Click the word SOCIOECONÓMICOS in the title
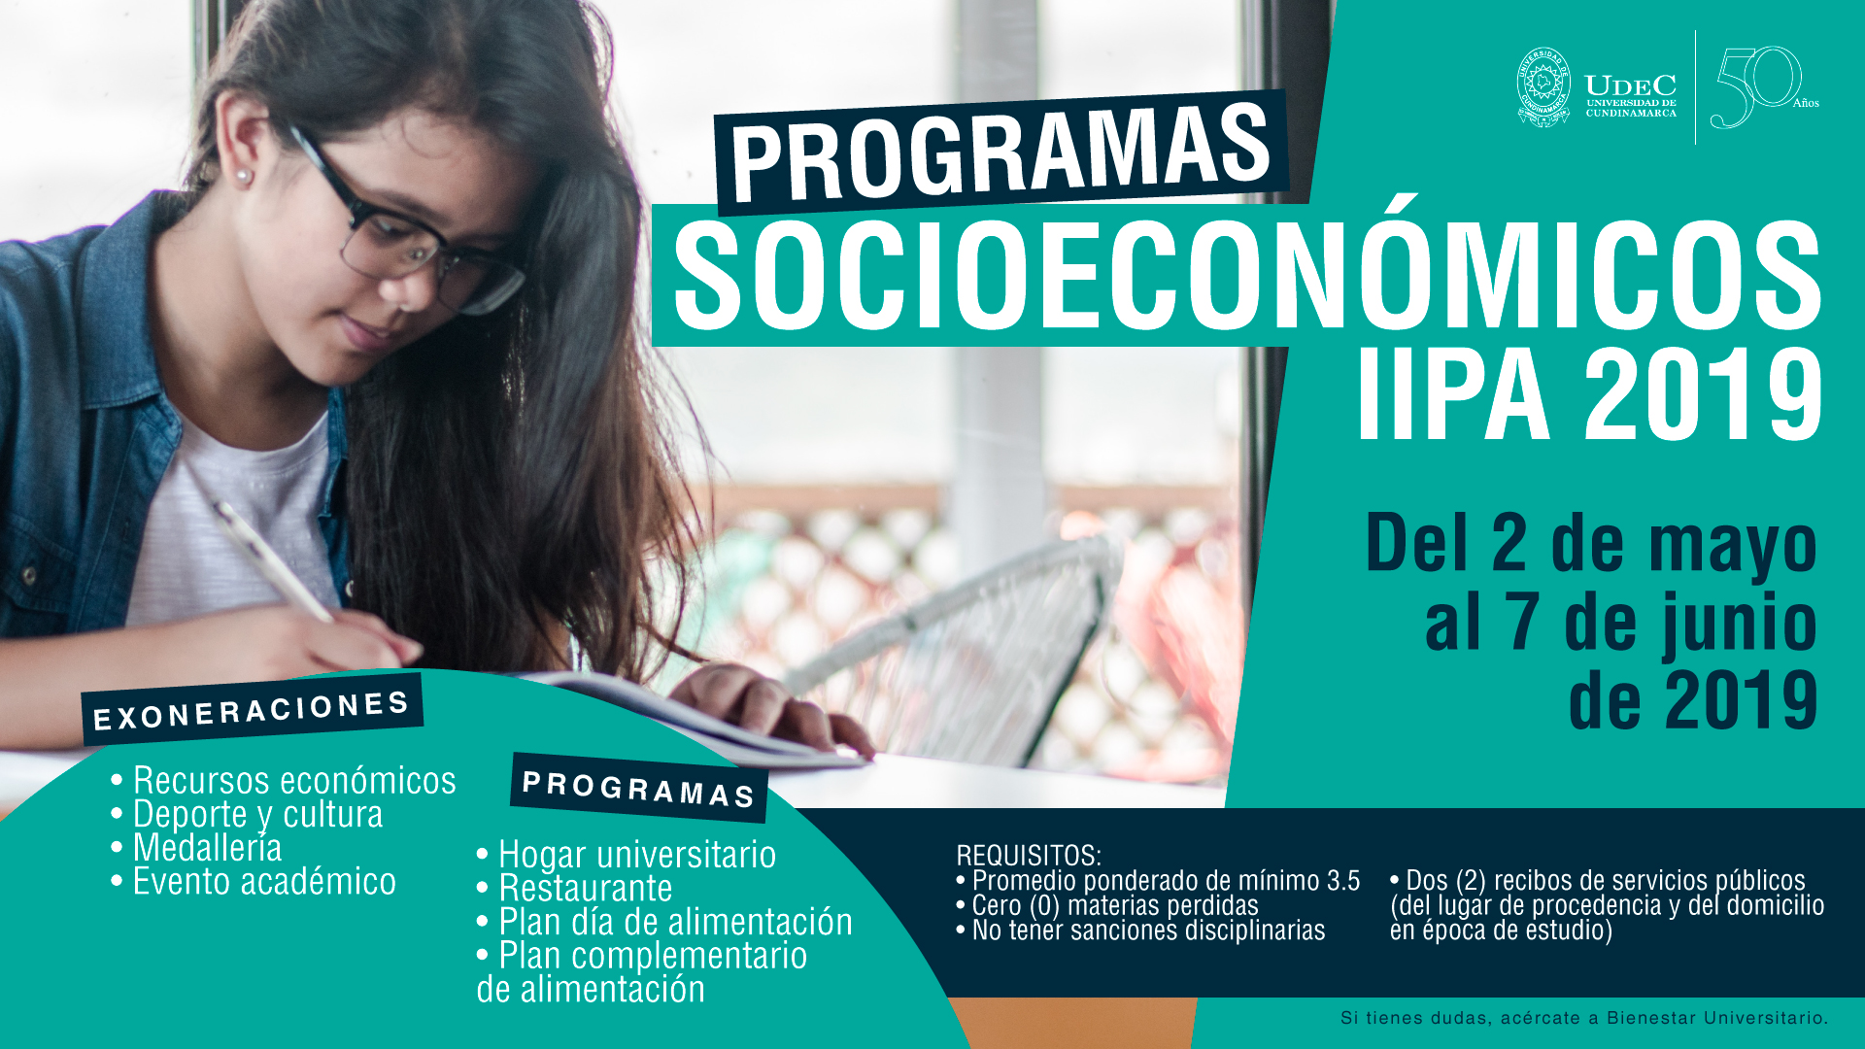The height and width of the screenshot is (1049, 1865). pos(1247,276)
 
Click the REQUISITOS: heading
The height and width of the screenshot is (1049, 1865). pos(1029,856)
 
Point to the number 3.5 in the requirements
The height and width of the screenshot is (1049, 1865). pos(1343,881)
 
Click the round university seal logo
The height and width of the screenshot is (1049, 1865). pos(1543,87)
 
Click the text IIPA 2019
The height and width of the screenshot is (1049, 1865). pos(1589,394)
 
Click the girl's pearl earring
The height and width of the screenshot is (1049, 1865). pos(242,177)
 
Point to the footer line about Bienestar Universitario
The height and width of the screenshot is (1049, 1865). pos(1584,1018)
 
